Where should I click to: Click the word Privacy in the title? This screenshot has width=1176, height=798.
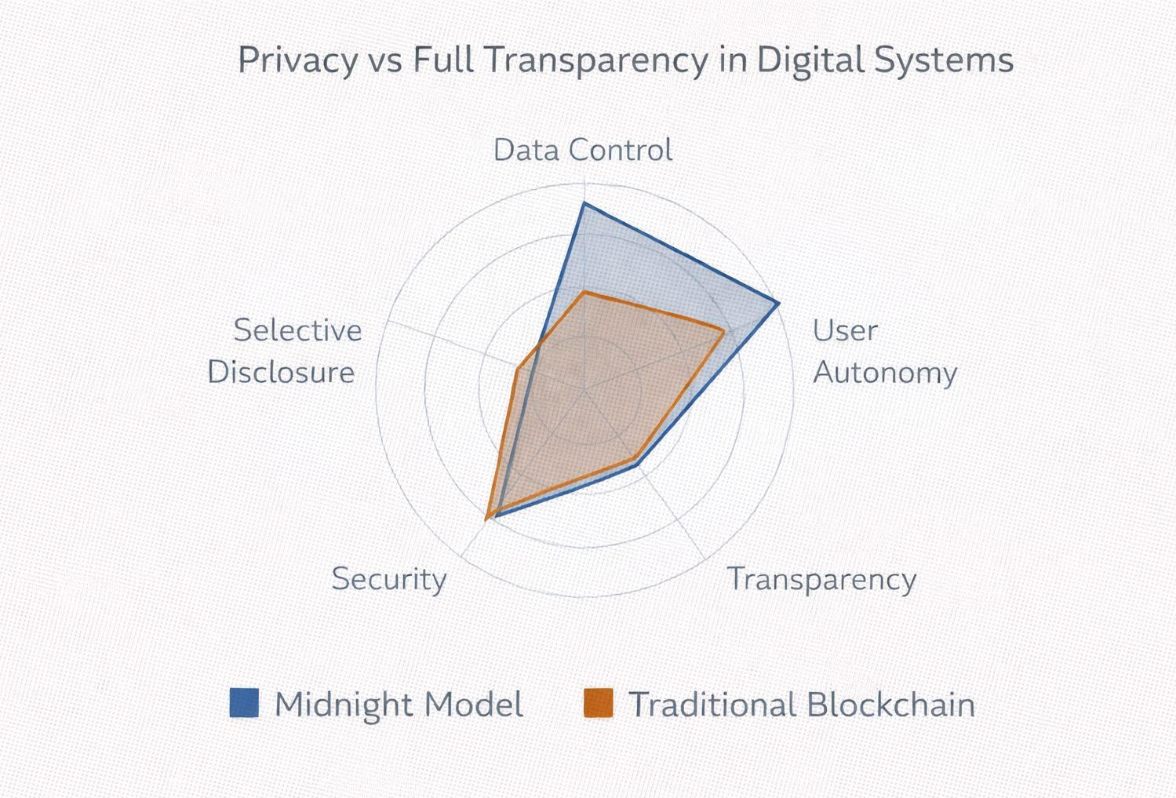(x=297, y=61)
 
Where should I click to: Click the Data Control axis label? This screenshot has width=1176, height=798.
(x=582, y=150)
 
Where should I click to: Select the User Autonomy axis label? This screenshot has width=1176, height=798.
(x=884, y=351)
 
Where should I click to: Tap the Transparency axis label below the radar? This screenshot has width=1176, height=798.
(x=821, y=579)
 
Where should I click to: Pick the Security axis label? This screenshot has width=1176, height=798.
(x=388, y=579)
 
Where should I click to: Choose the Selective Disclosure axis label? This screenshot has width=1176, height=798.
(x=285, y=351)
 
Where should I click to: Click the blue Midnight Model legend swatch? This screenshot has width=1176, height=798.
(x=244, y=703)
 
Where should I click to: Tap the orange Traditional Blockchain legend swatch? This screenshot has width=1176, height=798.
(x=599, y=703)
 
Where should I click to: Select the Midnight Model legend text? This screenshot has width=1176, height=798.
(x=399, y=704)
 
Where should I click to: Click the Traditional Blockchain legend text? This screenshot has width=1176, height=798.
(x=802, y=704)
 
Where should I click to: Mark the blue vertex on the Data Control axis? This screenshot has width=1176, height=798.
(x=584, y=205)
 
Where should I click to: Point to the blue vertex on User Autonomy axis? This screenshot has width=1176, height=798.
(x=777, y=303)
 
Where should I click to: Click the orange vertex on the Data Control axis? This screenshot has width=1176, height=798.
(x=584, y=292)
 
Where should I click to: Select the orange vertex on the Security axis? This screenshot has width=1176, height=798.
(x=488, y=516)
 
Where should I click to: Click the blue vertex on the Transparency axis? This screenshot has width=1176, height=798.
(x=637, y=465)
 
